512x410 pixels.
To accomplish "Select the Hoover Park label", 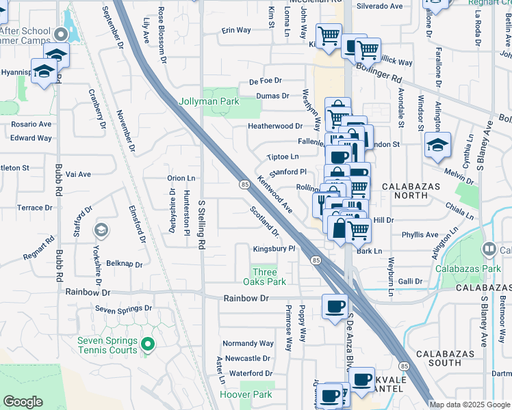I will pos(246,394).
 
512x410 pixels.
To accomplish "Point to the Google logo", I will pos(23,402).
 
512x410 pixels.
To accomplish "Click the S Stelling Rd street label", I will pos(201,223).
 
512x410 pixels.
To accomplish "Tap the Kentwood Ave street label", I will pos(275,194).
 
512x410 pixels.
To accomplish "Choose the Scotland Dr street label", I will pos(265,221).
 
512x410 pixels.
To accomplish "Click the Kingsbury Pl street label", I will pos(274,249).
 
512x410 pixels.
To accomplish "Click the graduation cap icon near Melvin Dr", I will pos(437,145).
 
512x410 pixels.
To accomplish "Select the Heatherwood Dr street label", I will pos(275,126).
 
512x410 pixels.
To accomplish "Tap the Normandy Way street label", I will pos(248,343).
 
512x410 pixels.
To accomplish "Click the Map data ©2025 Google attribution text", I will pos(470,405).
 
